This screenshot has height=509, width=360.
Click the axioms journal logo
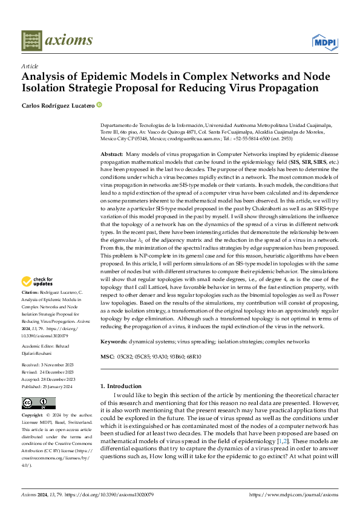click(57, 41)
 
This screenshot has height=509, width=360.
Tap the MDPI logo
click(324, 42)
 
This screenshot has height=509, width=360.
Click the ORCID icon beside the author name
click(99, 105)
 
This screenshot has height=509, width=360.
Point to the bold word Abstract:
click(112, 155)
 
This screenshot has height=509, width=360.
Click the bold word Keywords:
click(113, 341)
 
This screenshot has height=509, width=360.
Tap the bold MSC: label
click(108, 356)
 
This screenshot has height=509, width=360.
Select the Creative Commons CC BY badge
click(39, 403)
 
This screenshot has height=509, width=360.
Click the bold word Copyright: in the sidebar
click(33, 416)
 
